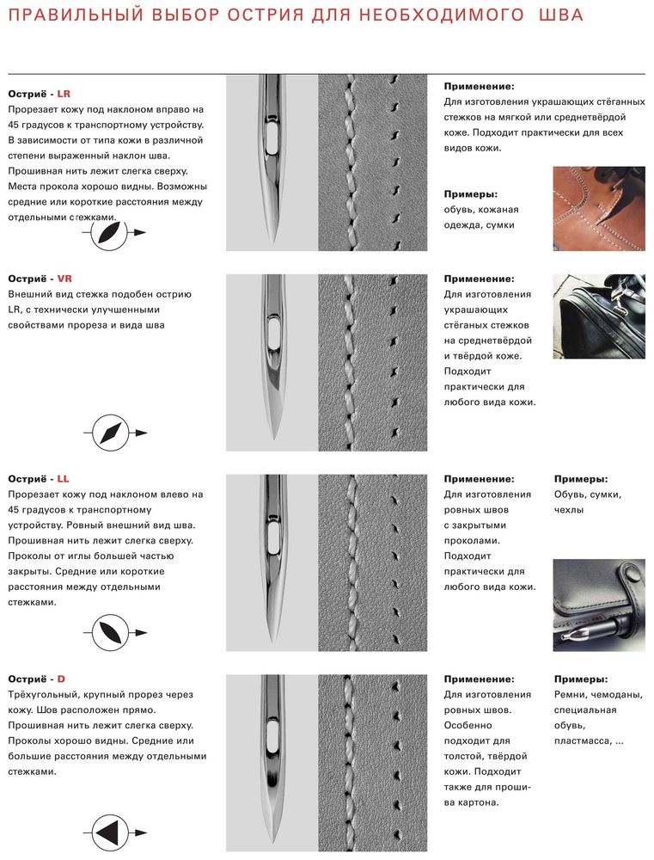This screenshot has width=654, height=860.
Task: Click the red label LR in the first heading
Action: point(64,94)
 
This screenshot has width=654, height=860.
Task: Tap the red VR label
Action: point(64,279)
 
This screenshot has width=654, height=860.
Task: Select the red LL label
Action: point(63,479)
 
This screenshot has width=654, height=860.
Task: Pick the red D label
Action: point(61,679)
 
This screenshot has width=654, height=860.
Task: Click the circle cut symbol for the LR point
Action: point(108,232)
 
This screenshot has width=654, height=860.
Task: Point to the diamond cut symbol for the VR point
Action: point(108,433)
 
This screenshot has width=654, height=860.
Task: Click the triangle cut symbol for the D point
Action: point(108,832)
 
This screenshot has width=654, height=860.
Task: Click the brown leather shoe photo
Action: point(599,209)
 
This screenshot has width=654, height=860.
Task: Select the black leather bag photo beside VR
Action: point(599,316)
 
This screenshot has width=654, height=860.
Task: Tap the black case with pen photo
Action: point(599,605)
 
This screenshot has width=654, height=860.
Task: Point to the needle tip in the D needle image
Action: point(272,838)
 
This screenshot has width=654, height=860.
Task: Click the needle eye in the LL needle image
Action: point(272,538)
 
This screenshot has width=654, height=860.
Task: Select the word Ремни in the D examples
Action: point(573,695)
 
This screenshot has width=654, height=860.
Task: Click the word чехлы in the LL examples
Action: point(569,510)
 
